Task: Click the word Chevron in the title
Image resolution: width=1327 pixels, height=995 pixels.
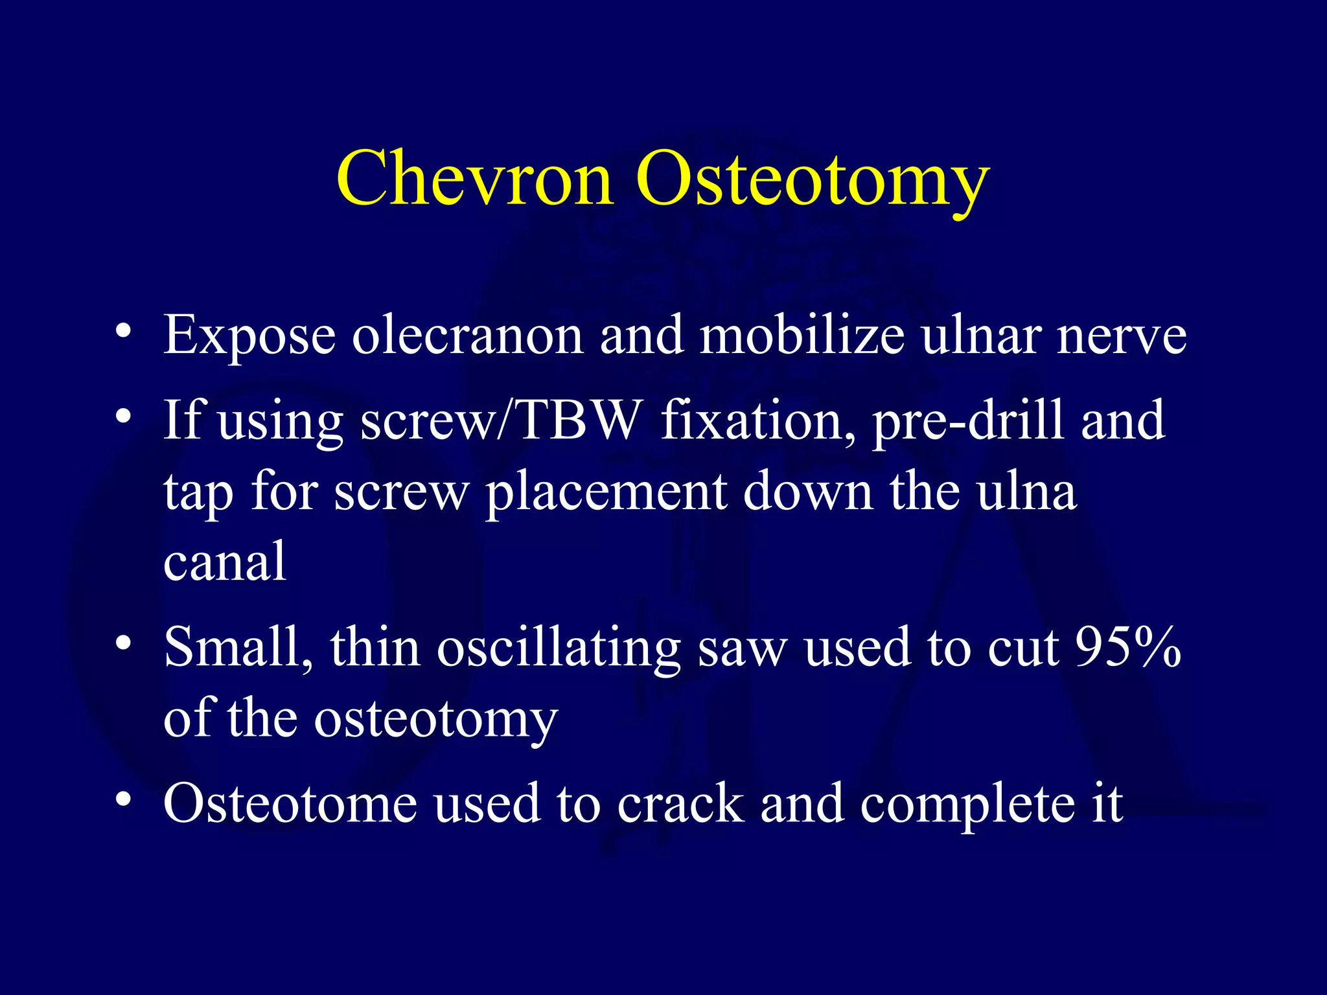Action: coord(474,178)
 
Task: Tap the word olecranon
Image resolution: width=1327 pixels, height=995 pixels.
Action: coord(467,335)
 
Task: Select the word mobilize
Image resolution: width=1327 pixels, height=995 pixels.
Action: coord(802,335)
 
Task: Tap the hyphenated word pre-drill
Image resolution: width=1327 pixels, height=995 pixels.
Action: coord(968,421)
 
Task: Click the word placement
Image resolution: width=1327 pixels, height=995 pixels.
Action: coord(606,492)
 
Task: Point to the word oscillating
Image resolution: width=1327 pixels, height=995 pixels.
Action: coord(558,648)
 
